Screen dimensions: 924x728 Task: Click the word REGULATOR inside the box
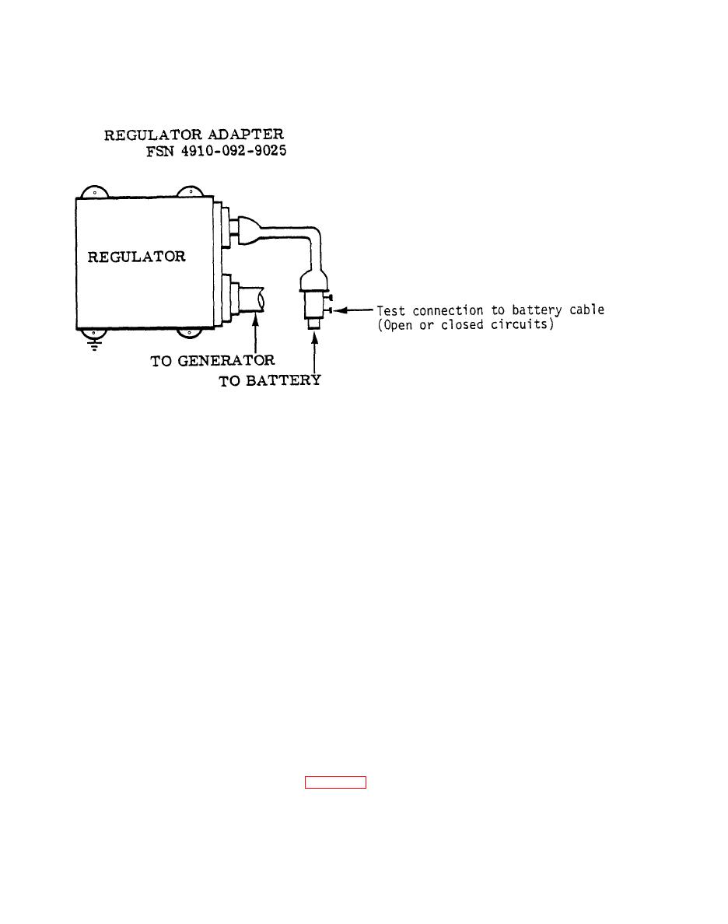click(137, 256)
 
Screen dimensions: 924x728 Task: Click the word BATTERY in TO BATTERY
click(284, 381)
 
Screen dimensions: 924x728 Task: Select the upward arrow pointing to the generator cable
click(255, 334)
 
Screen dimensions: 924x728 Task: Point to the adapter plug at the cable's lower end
click(314, 303)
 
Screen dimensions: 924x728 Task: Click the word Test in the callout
click(391, 310)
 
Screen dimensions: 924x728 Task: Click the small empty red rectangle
click(335, 782)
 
